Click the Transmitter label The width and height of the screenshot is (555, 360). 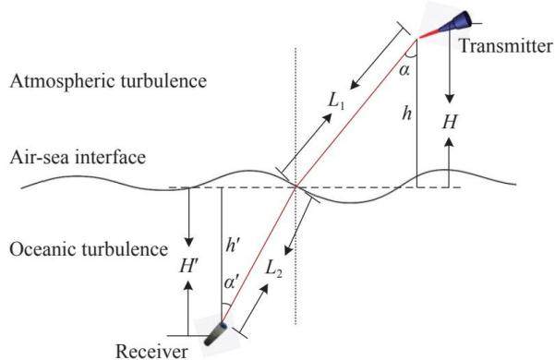(x=506, y=46)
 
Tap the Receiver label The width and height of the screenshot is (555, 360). (x=151, y=351)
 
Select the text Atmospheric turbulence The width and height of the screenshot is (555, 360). (x=108, y=81)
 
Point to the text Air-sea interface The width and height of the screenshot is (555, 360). (x=78, y=157)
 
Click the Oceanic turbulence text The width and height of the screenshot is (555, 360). (x=89, y=249)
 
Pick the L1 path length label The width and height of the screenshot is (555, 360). (x=336, y=102)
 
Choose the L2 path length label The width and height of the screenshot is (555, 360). (x=273, y=270)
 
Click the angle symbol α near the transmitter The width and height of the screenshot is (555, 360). (x=404, y=70)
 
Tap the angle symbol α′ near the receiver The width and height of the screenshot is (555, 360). (x=232, y=282)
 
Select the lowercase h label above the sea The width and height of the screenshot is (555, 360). (x=407, y=114)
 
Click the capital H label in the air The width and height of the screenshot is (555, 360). (x=450, y=122)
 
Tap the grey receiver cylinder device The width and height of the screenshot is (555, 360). (x=216, y=333)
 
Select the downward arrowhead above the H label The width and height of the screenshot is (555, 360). (x=450, y=99)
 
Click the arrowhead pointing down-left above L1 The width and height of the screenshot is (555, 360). (x=355, y=85)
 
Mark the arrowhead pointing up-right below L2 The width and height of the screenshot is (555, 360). (x=263, y=289)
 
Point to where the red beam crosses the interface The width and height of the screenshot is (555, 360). (x=296, y=186)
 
